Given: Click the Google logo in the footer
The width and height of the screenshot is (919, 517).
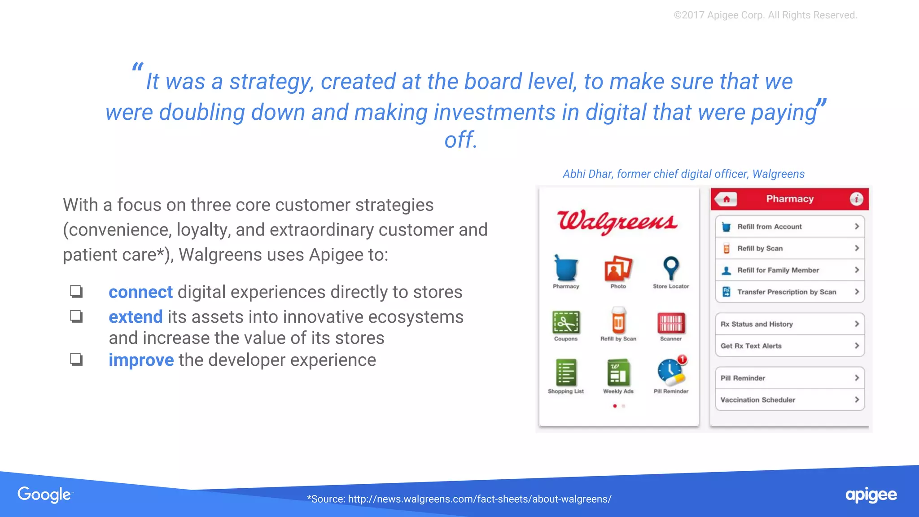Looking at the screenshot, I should pos(44,495).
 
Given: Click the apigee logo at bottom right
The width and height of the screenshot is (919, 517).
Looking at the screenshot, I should pos(871,495).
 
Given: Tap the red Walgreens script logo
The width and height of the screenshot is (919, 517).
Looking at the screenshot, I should pos(617,221).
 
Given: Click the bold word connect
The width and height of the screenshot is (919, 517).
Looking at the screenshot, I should pos(140,292).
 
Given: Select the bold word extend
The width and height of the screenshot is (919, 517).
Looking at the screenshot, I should pos(136,317).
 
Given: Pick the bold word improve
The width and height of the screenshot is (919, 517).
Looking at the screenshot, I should pos(141,360).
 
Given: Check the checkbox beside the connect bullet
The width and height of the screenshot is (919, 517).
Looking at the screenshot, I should pos(76,292).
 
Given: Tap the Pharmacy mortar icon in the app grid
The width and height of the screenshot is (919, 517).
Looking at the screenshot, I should pos(565,268).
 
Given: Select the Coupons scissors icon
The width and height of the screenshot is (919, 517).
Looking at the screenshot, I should pos(566,322).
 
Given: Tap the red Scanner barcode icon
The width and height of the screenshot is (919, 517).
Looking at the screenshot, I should pos(671,322).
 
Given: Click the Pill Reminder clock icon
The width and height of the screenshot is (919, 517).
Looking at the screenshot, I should pos(670,372).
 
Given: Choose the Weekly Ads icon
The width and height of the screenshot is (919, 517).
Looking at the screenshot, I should pos(618,372).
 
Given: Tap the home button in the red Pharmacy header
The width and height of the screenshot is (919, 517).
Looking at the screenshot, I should pos(726,199).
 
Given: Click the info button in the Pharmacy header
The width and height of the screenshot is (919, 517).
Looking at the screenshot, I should pos(856,199).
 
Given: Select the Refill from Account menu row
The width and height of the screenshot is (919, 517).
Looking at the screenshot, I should pos(789,227).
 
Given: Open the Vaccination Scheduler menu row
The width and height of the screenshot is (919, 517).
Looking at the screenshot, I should pos(789,400).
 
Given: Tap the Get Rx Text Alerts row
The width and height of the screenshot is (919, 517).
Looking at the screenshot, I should pos(789,346).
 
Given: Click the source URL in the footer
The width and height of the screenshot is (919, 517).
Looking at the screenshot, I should pos(479,499).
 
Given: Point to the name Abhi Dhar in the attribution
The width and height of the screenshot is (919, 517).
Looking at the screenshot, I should pos(587,174).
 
